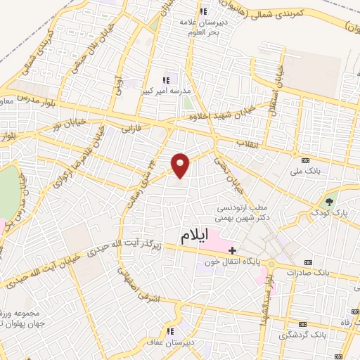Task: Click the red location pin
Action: (x=181, y=165)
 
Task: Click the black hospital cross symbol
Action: (x=232, y=249)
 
